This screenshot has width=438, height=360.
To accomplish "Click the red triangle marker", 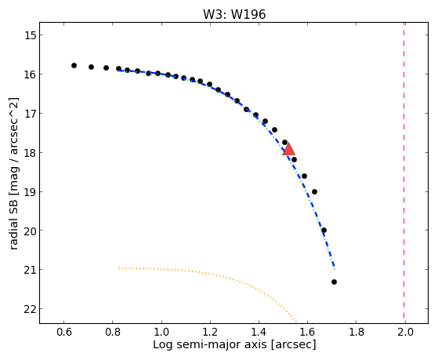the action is [288, 149].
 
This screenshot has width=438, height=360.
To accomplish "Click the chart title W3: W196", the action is [234, 14].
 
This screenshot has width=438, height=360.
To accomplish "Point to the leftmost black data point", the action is [74, 65].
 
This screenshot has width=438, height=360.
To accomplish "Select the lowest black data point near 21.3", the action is [334, 282].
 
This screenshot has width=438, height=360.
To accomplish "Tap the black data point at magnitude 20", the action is [324, 231].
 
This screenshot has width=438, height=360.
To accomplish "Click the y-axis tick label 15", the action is [30, 35].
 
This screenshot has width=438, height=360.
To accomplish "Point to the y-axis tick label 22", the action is [29, 308].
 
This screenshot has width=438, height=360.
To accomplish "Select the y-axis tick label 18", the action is [30, 152].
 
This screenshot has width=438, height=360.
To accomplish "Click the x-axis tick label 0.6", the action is [64, 332].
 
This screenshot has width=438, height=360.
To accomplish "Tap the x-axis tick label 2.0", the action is [405, 332].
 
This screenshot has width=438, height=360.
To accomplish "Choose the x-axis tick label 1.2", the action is [210, 332].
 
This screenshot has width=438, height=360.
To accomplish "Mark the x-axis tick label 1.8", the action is [357, 332].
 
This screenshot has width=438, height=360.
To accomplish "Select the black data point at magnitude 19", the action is [314, 191].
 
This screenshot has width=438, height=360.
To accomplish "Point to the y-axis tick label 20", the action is [29, 231].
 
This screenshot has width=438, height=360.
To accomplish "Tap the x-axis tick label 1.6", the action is [308, 332].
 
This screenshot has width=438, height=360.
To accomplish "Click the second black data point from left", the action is [92, 67].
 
